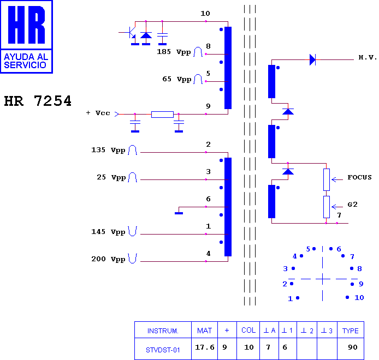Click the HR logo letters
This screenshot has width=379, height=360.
coord(26,25)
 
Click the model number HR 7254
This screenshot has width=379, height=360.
coord(38,101)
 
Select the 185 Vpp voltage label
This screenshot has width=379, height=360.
coord(174,52)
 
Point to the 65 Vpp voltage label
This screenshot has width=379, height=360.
coord(177,79)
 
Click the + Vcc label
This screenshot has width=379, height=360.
coord(98,113)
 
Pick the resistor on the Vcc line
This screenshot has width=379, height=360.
coord(162,115)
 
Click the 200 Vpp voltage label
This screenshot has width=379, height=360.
coord(108,259)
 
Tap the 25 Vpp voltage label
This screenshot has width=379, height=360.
coord(111,177)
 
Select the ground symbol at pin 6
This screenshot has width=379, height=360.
coord(179,213)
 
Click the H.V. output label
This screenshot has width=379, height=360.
coord(368,57)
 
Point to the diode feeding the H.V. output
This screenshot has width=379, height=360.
coord(312,59)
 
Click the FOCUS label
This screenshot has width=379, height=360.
coord(359,177)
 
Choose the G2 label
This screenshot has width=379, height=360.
coord(352,205)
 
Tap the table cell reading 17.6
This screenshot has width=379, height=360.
coord(205,347)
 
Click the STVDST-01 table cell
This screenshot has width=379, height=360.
coord(163,350)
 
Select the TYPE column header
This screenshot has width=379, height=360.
coord(350,331)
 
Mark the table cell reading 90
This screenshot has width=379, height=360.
coord(353,347)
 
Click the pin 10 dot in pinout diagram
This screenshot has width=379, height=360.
coord(347,297)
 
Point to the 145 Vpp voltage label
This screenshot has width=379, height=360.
coord(108,232)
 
